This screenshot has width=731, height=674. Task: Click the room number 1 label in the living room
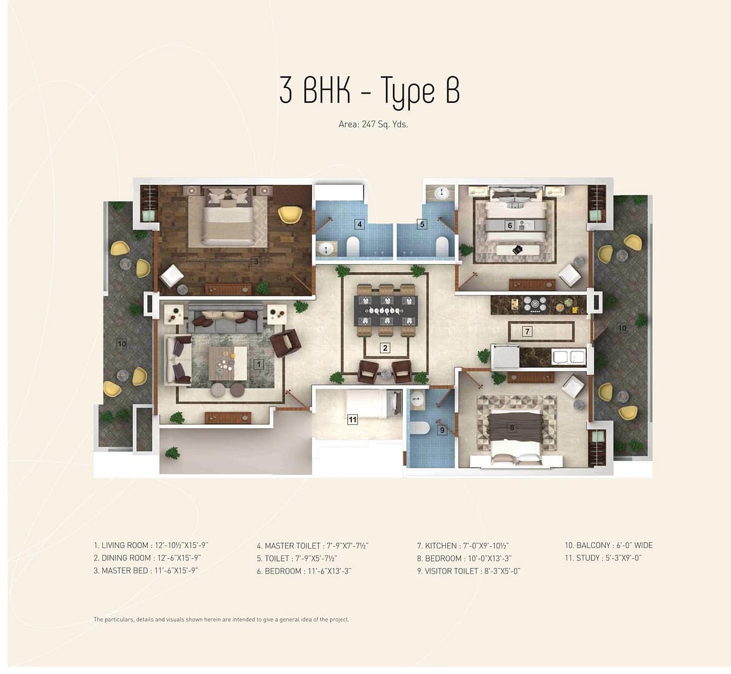click(x=258, y=364)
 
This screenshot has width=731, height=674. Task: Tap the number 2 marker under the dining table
click(x=385, y=348)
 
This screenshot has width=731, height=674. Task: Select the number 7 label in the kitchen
click(x=527, y=331)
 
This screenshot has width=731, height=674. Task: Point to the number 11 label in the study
click(x=352, y=420)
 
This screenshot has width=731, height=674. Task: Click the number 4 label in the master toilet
click(x=359, y=225)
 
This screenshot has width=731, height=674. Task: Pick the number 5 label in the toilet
click(x=422, y=225)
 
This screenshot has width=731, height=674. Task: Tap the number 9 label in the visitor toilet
click(x=442, y=430)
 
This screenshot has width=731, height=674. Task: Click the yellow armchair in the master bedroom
click(x=290, y=214)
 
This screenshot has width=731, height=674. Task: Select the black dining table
click(x=385, y=310)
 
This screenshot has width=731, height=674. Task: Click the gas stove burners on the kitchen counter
click(x=535, y=304)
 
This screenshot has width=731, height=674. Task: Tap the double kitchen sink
click(x=568, y=357)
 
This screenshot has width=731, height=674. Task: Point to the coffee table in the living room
click(x=228, y=363)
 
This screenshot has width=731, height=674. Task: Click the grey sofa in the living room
click(x=226, y=318)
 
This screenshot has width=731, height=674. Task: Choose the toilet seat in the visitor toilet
click(x=422, y=427)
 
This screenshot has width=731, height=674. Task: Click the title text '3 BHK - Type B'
click(x=369, y=91)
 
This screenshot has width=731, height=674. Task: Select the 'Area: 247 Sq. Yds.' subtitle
click(x=373, y=125)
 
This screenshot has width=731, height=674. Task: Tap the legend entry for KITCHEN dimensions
click(x=463, y=545)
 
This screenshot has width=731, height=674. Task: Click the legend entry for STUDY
click(x=603, y=558)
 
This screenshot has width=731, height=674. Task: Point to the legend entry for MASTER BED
click(x=146, y=570)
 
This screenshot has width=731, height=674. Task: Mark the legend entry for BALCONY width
click(x=608, y=545)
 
